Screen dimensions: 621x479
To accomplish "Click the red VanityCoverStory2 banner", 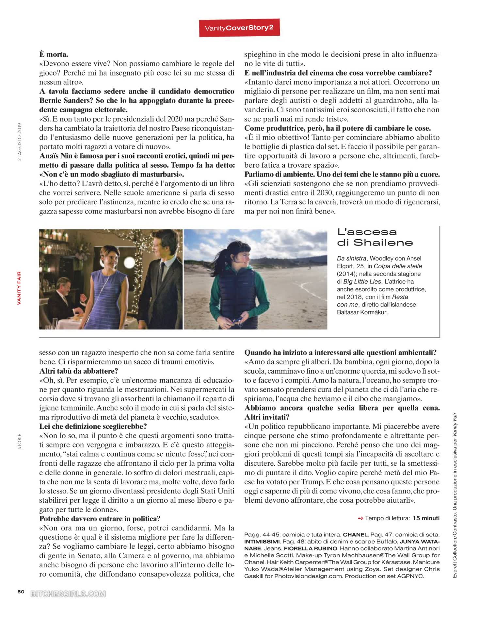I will (x=239, y=28).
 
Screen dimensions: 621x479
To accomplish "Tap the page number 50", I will (x=21, y=591).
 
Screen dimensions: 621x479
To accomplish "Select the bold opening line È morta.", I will (x=54, y=54).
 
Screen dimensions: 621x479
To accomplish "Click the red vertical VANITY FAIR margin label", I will (x=19, y=288).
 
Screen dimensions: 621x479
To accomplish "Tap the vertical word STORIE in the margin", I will (x=20, y=441).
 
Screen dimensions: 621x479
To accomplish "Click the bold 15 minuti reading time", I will (x=426, y=518).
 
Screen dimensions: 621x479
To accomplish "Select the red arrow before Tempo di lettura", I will (x=360, y=518).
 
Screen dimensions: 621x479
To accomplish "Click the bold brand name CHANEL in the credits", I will (x=355, y=535).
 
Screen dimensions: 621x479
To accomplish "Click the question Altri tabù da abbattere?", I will (x=79, y=371).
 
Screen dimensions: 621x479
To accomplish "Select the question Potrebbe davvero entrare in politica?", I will (x=100, y=519).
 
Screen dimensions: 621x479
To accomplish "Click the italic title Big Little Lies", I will (x=362, y=281).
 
